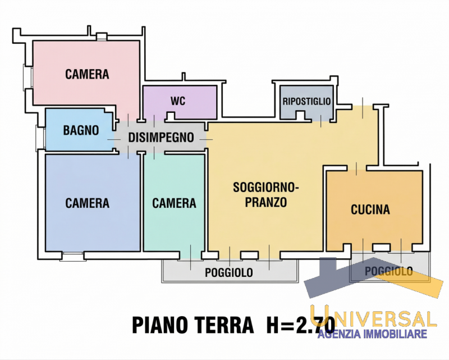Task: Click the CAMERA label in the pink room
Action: (x=87, y=74)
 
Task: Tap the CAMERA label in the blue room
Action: (x=87, y=203)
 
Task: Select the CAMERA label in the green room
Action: (x=174, y=203)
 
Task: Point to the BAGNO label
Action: (x=81, y=130)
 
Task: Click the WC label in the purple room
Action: (x=178, y=102)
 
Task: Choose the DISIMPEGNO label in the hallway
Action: (x=161, y=137)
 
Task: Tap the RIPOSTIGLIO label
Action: (x=307, y=102)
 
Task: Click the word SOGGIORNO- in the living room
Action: (x=266, y=188)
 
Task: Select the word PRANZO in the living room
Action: (x=266, y=202)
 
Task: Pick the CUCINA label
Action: (x=370, y=210)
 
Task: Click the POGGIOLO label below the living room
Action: (x=228, y=273)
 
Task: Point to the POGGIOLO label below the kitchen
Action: (x=388, y=272)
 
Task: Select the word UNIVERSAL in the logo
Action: (x=373, y=318)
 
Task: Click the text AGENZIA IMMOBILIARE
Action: (x=373, y=335)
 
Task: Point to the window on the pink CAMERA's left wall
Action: (x=26, y=76)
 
